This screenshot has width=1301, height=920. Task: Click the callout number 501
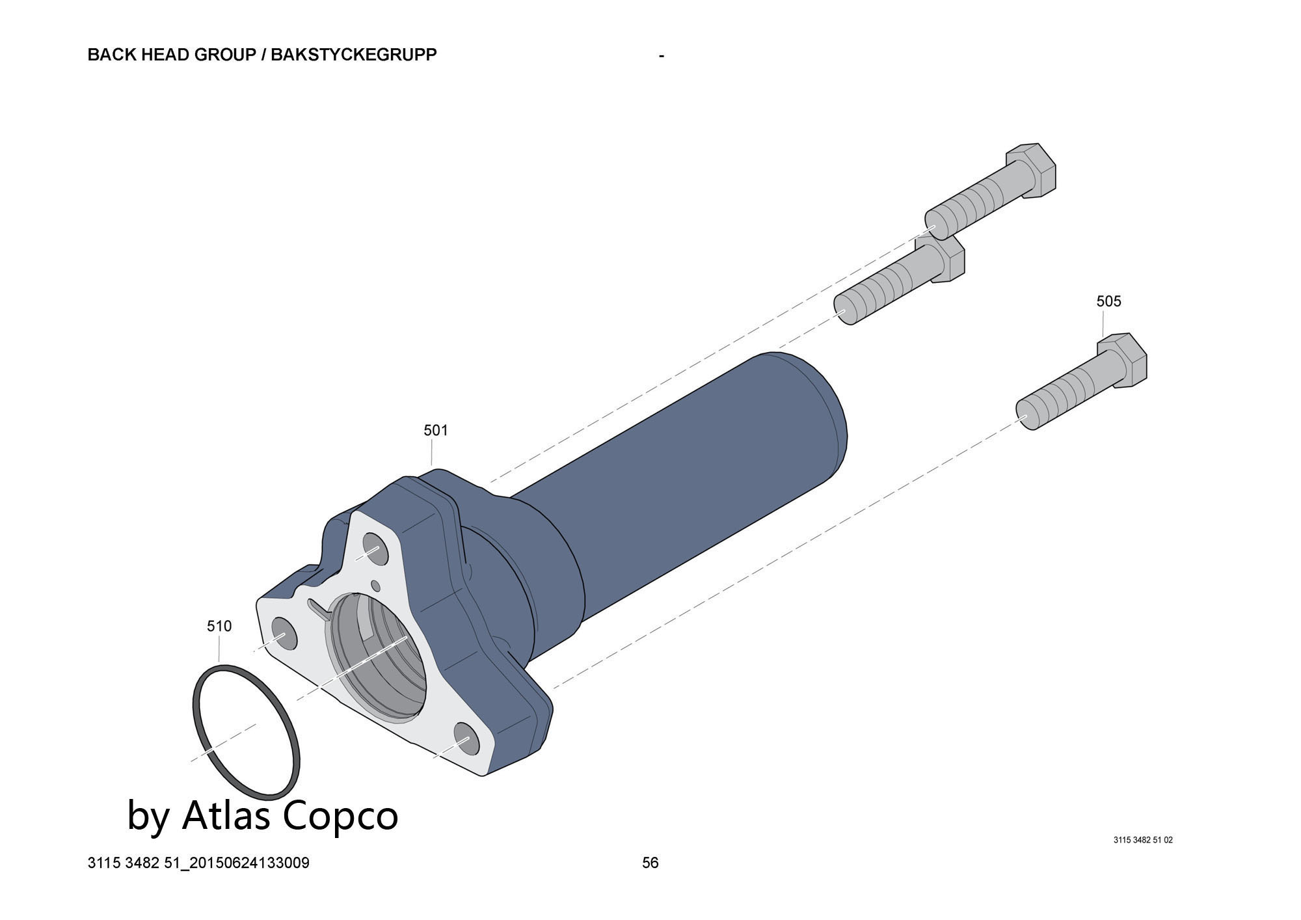click(436, 430)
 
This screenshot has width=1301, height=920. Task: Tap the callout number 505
click(1108, 301)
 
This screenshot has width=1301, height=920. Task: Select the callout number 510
click(219, 626)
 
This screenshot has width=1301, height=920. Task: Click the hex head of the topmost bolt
click(1032, 170)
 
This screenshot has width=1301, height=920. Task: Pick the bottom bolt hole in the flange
click(466, 738)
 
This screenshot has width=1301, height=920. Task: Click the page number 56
click(650, 863)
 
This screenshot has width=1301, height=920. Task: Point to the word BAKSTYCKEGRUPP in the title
click(354, 55)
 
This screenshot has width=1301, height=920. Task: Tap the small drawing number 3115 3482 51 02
click(1143, 840)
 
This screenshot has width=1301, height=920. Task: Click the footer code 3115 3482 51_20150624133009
click(198, 863)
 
